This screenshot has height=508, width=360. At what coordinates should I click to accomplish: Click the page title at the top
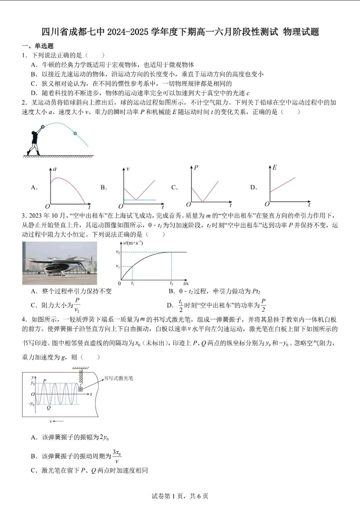(x=180, y=32)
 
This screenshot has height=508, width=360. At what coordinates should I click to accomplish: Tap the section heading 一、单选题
(x=38, y=46)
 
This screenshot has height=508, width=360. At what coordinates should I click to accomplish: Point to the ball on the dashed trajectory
(x=75, y=133)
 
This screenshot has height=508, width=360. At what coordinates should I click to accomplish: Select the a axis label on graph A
(x=55, y=169)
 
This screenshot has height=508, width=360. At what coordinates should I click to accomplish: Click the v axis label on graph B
(x=128, y=169)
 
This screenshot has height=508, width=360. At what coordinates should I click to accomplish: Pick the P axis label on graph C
(x=196, y=167)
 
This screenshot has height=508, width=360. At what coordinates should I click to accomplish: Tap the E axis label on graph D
(x=274, y=167)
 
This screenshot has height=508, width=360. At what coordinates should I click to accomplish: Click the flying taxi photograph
(x=59, y=263)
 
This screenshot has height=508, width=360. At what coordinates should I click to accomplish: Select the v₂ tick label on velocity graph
(x=118, y=252)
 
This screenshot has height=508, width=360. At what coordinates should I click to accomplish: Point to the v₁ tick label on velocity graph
(x=118, y=266)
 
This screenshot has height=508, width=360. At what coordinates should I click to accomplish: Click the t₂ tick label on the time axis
(x=171, y=283)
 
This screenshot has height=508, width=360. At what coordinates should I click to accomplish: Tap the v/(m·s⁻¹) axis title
(x=133, y=243)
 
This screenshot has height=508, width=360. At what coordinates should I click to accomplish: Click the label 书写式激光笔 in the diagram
(x=119, y=378)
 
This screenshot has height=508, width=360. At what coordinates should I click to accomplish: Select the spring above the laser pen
(x=80, y=377)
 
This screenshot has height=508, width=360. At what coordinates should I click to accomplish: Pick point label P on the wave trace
(x=45, y=380)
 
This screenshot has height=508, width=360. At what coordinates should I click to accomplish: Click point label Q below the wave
(x=49, y=408)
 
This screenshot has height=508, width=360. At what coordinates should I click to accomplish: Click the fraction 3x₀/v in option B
(x=117, y=456)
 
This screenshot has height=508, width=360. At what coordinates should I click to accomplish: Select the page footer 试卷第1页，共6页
(x=180, y=496)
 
